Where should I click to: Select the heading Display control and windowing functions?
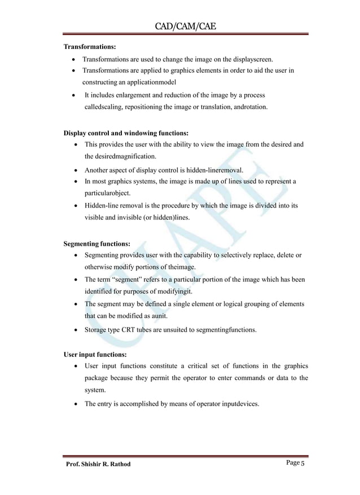pyautogui.click(x=126, y=134)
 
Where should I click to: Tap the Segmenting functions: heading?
pyautogui.click(x=97, y=244)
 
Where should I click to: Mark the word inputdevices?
pyautogui.click(x=231, y=403)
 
